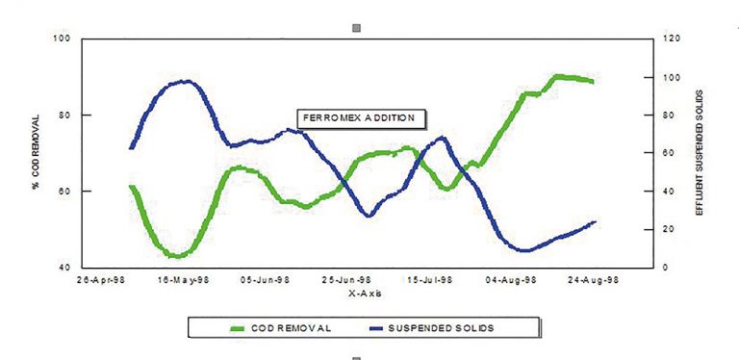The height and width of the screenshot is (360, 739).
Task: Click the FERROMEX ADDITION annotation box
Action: point(359,118)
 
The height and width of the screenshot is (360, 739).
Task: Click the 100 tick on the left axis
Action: point(64,39)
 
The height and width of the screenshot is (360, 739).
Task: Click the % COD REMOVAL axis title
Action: point(35,153)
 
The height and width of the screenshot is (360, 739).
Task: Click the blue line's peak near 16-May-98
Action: point(186,81)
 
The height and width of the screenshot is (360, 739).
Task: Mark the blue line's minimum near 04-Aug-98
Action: point(524,251)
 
